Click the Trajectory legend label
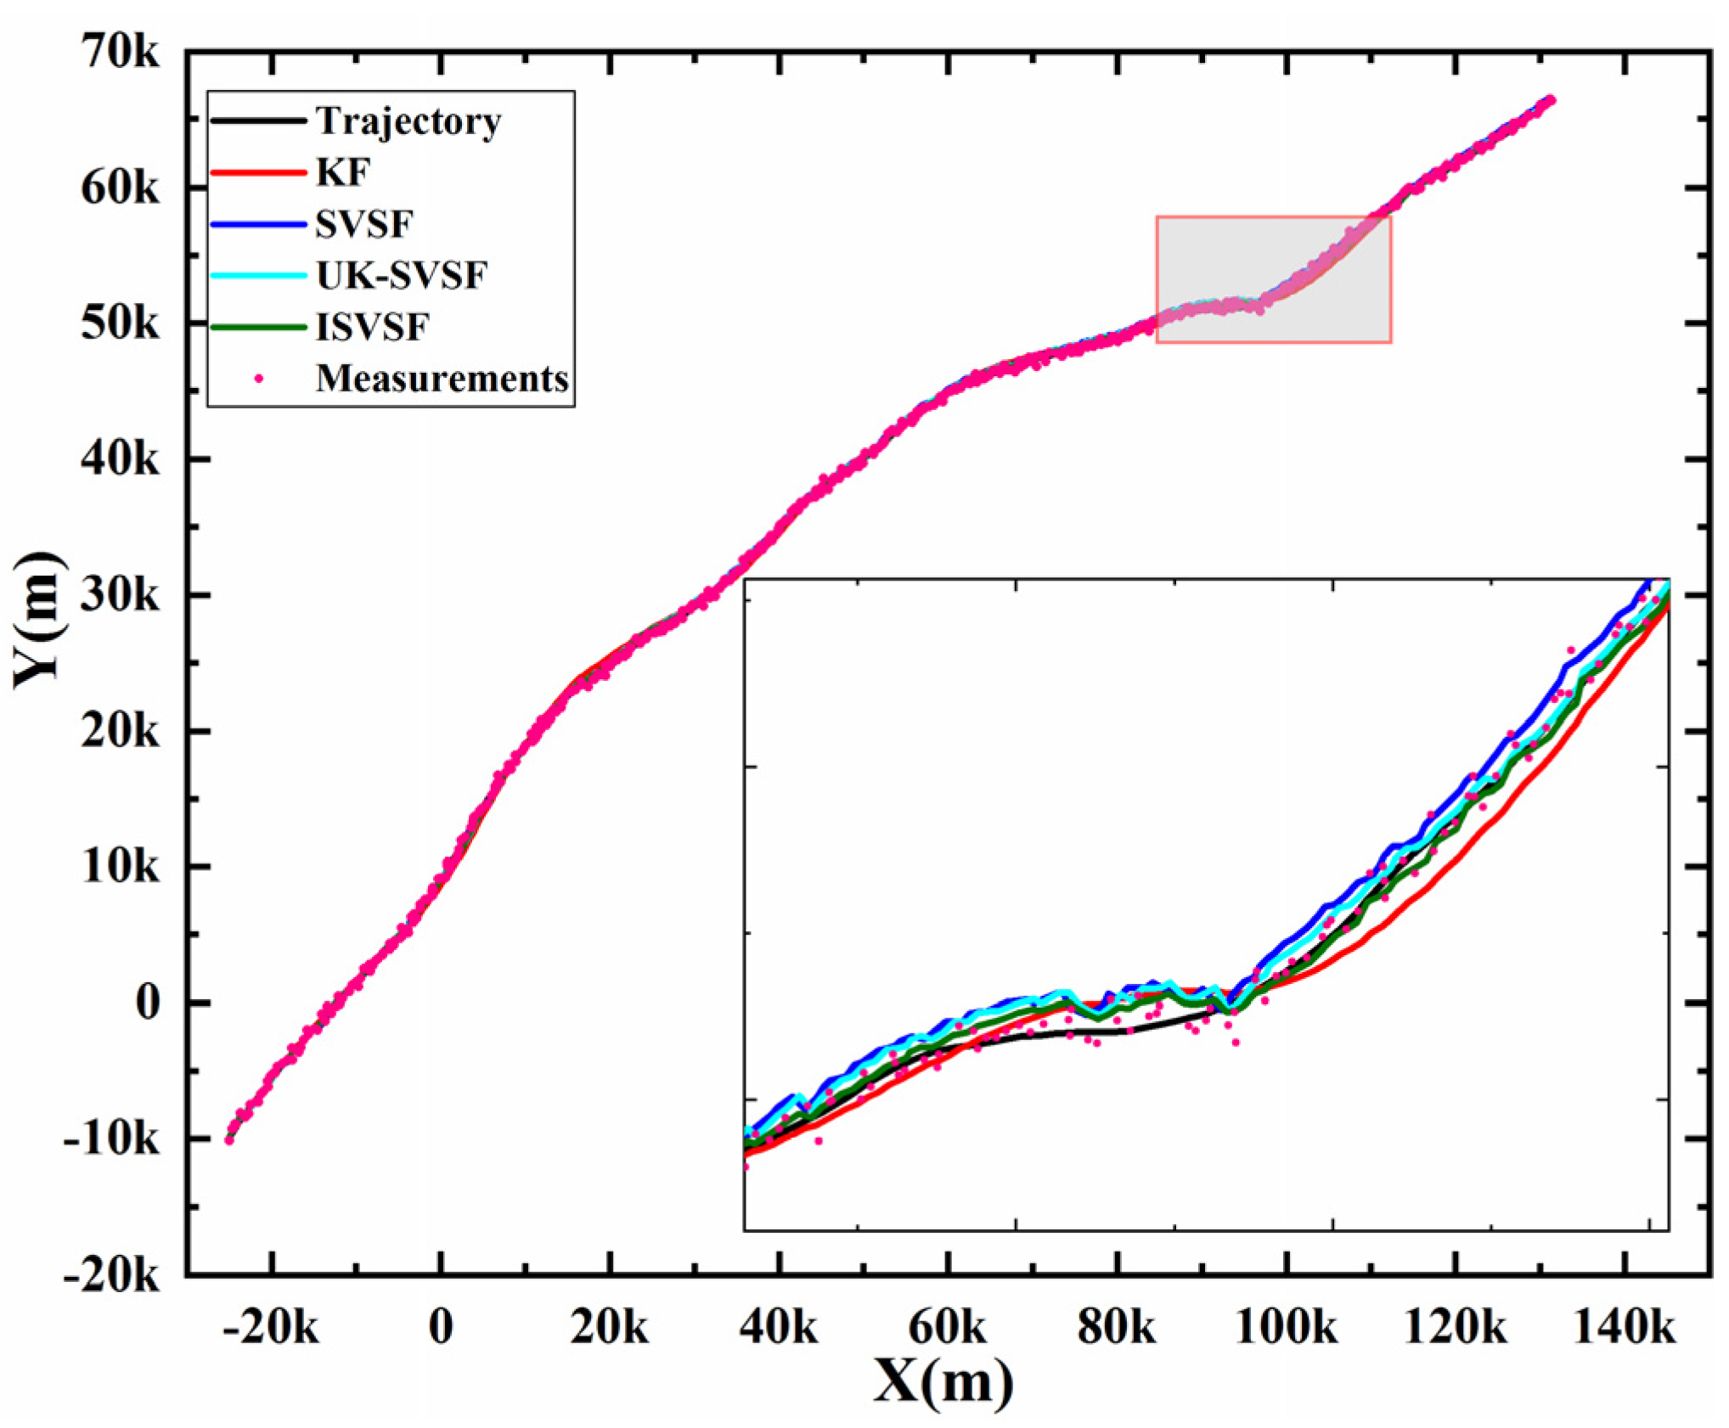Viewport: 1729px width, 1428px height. [x=408, y=121]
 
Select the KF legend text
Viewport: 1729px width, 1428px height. [x=343, y=173]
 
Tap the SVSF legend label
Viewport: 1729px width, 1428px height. [x=363, y=225]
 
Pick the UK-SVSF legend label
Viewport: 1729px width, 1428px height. [x=401, y=276]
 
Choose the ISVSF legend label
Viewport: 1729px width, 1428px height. [x=372, y=328]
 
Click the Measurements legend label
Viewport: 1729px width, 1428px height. [x=442, y=379]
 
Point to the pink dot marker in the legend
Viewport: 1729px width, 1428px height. [x=259, y=379]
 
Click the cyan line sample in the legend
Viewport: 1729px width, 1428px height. [x=257, y=276]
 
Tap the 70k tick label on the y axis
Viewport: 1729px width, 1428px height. [x=119, y=53]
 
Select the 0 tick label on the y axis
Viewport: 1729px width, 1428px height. [x=148, y=1003]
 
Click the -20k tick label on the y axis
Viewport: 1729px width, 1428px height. [x=110, y=1274]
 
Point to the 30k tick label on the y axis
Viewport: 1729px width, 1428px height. [x=119, y=596]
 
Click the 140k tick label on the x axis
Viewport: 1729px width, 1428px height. [x=1624, y=1327]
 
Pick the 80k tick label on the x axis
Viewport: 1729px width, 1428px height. [x=1116, y=1327]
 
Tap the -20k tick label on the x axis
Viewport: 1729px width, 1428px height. [x=270, y=1327]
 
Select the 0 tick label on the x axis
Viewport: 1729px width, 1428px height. [x=441, y=1327]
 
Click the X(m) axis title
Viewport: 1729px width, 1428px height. [x=943, y=1382]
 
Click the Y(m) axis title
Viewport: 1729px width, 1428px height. [x=37, y=619]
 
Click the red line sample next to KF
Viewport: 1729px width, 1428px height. [x=257, y=173]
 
